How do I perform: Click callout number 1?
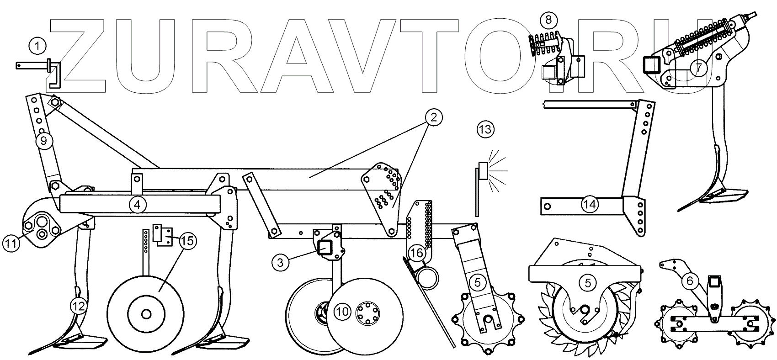[37, 46]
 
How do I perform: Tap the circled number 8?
[548, 20]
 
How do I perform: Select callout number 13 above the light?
[485, 130]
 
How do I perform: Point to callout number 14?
[590, 204]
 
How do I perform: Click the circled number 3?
[280, 262]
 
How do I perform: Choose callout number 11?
[12, 243]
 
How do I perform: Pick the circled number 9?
[44, 141]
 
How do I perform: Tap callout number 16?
[416, 253]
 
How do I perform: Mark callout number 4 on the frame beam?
[138, 204]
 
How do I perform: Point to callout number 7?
[699, 67]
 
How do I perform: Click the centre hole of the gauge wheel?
[146, 314]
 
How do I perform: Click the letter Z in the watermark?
[78, 57]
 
